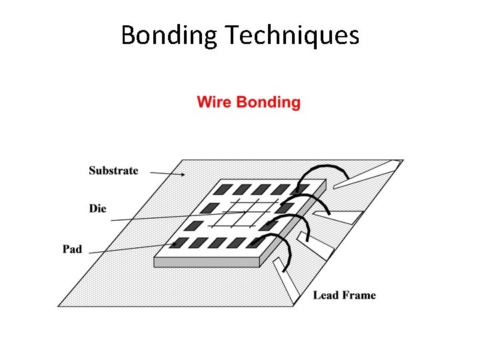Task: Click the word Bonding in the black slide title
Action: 169,35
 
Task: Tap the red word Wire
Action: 214,103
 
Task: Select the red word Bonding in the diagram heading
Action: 269,103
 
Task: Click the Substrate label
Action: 113,171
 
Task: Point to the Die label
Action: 97,209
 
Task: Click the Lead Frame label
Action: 344,295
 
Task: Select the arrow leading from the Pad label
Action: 133,248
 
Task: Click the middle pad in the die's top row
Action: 262,189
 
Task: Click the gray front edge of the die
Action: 207,262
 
